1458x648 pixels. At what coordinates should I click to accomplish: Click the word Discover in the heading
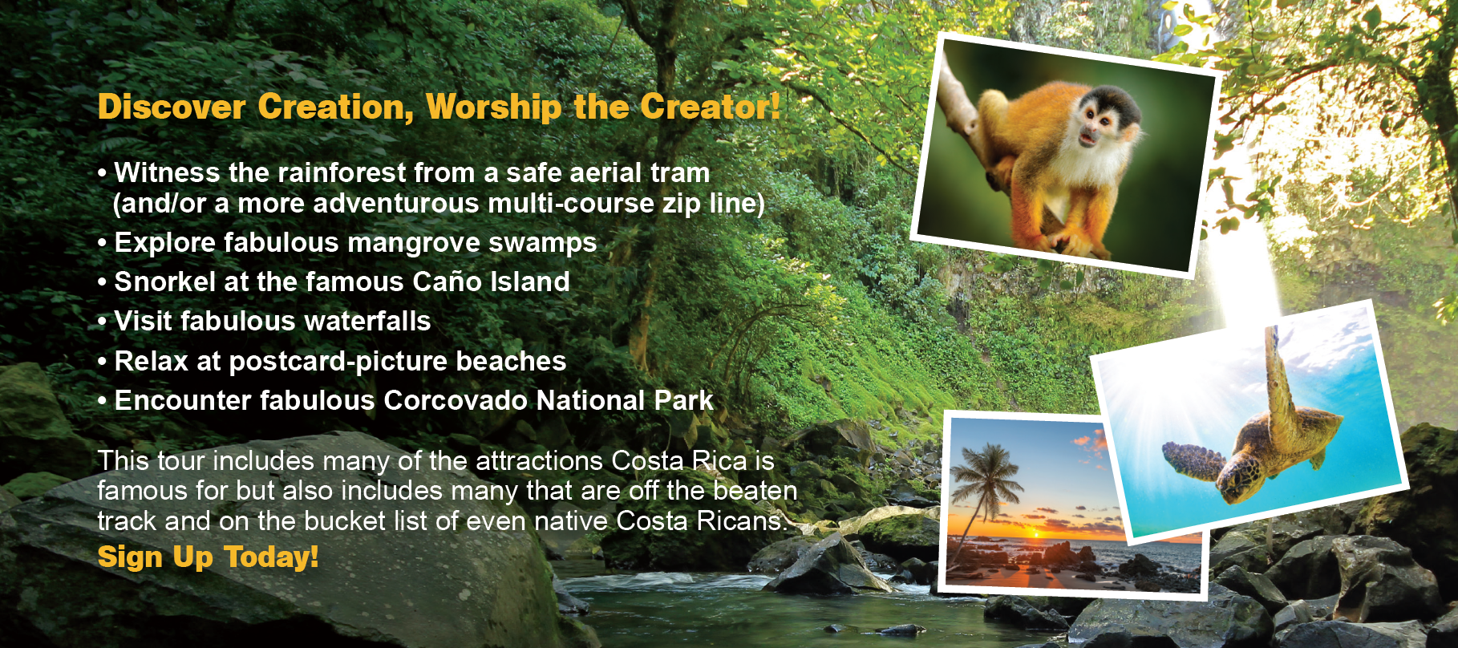(172, 107)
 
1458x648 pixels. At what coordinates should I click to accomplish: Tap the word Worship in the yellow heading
(493, 107)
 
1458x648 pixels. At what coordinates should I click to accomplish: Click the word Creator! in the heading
(710, 107)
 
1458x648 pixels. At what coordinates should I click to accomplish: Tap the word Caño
(447, 281)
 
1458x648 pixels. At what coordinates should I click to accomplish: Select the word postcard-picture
(338, 362)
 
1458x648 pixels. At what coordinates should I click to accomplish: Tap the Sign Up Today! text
(208, 557)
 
